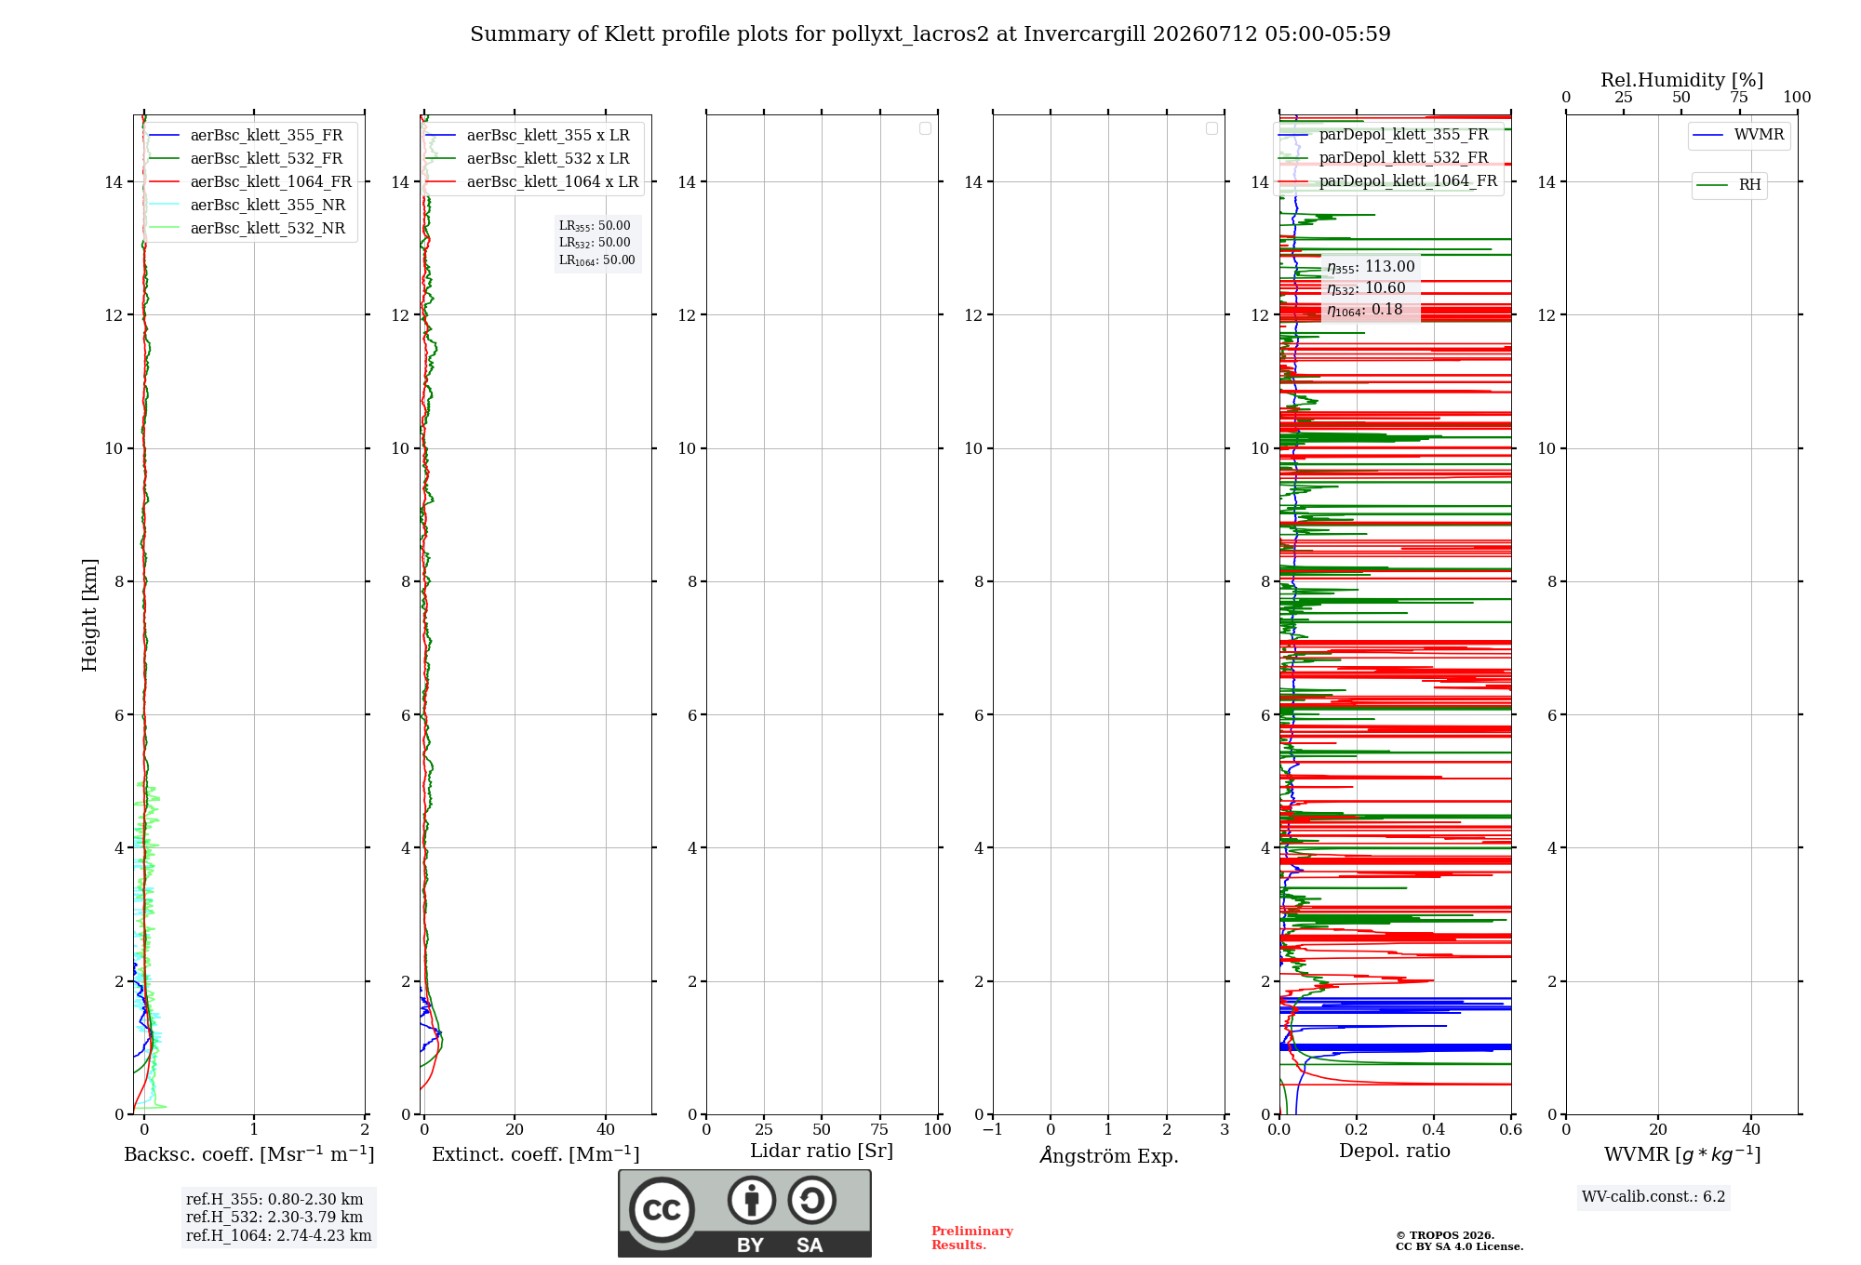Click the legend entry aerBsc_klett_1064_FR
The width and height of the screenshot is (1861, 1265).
(x=250, y=182)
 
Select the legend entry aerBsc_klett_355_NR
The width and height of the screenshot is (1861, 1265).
(x=248, y=206)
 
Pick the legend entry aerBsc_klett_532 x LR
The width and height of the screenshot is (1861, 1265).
(x=528, y=159)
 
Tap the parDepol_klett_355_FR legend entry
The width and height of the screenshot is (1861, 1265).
(x=1384, y=135)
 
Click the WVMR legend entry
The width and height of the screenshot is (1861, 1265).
(x=1738, y=135)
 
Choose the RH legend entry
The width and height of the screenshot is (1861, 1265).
(x=1729, y=185)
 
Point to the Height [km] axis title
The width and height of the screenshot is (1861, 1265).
(x=89, y=615)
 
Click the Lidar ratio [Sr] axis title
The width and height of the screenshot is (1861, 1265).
(x=822, y=1151)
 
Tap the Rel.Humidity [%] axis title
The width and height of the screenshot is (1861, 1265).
(x=1681, y=80)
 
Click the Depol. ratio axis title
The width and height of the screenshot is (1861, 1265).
(x=1395, y=1151)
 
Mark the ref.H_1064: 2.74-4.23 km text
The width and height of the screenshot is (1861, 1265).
(x=279, y=1236)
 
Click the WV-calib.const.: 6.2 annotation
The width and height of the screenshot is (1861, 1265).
(x=1653, y=1197)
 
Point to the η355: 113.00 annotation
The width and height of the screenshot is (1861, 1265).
(x=1371, y=267)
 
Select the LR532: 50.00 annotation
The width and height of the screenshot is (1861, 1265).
(x=595, y=243)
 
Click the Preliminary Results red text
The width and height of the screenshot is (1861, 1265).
(x=972, y=1238)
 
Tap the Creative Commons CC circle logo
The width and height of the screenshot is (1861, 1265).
(x=662, y=1210)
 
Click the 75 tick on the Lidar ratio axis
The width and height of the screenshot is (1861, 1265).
(x=879, y=1129)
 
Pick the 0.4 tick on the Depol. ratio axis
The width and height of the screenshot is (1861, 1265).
(x=1434, y=1129)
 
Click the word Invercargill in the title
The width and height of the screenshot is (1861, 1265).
(x=1085, y=34)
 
